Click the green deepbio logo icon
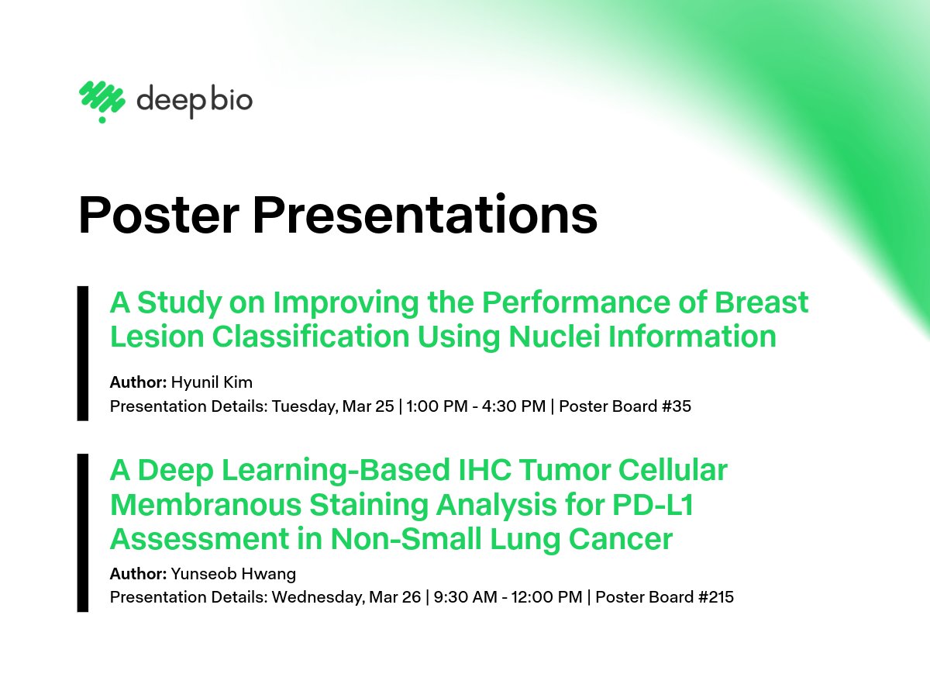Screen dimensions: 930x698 coord(102,102)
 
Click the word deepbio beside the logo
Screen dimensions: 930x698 coord(195,102)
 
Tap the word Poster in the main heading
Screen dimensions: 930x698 coord(159,215)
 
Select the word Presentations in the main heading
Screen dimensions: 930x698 coord(425,214)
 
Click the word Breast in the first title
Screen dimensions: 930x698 coord(761,302)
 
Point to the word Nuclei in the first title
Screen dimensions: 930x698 coord(555,337)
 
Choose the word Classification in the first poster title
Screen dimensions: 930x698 coord(311,337)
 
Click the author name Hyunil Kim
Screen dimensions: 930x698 coord(212,382)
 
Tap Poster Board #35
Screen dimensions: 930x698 coord(625,406)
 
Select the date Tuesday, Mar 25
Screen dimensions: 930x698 coord(332,406)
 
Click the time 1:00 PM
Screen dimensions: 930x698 coord(437,406)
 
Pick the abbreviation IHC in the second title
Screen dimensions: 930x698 coord(486,471)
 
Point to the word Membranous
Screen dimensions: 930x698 coord(205,505)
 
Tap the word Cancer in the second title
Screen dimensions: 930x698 coord(621,539)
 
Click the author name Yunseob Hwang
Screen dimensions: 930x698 coord(233,574)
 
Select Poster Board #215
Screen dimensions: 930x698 coord(664,597)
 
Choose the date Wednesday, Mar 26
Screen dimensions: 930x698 coord(346,597)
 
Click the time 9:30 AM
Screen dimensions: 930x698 coord(465,597)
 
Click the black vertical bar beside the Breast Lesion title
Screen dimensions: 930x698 coord(83,354)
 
